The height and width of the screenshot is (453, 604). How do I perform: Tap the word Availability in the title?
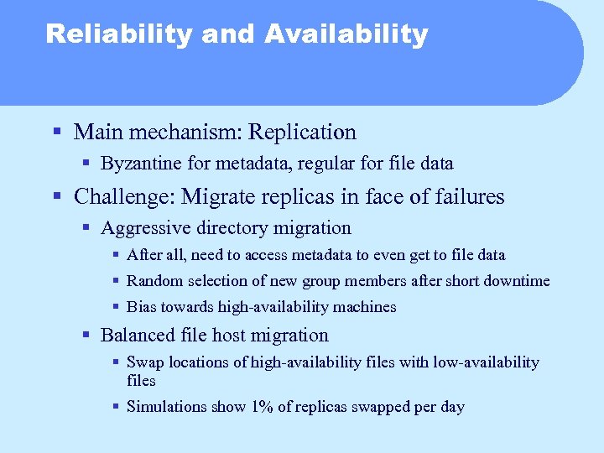point(346,34)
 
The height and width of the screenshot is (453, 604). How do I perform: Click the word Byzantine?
point(138,163)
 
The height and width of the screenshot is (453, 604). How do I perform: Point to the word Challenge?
point(122,197)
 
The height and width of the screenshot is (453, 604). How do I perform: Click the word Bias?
point(141,307)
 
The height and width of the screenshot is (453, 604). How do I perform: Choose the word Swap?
point(143,362)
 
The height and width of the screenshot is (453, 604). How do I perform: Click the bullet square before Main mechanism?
point(56,133)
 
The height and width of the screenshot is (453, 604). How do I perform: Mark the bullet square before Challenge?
point(56,197)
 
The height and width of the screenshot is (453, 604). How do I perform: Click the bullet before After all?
point(115,254)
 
